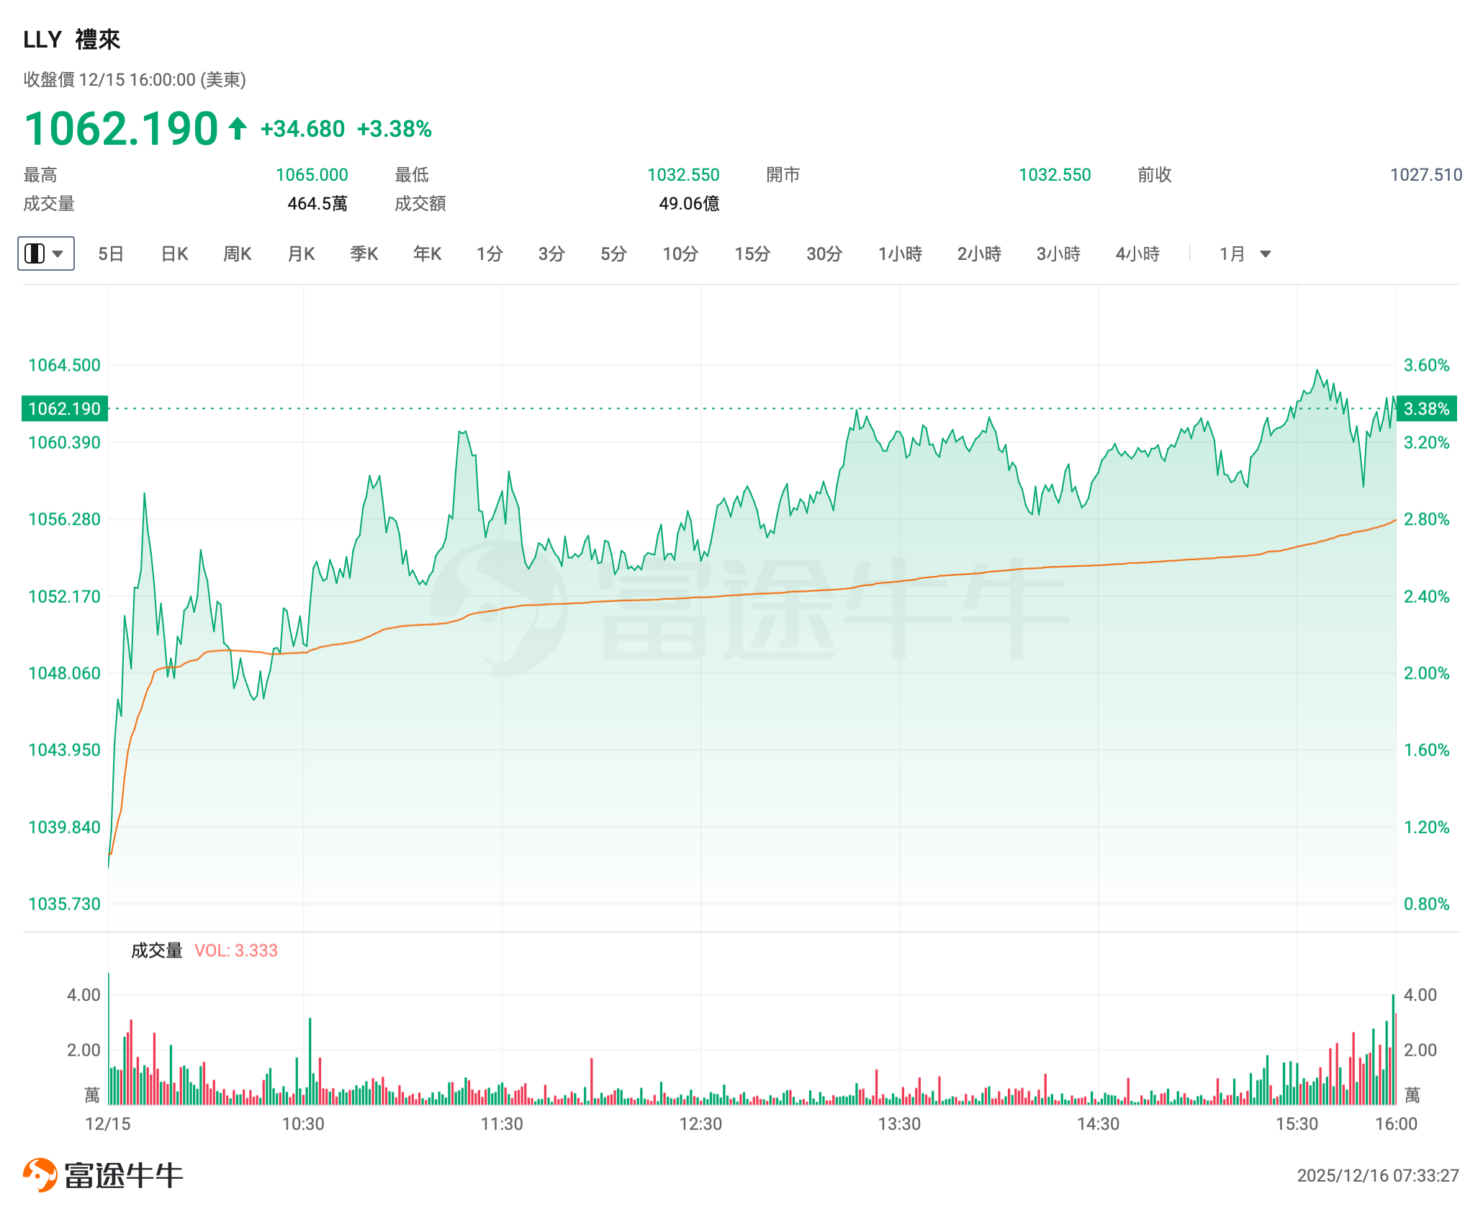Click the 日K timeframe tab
pyautogui.click(x=174, y=253)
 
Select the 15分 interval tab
pyautogui.click(x=752, y=253)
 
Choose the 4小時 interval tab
pyautogui.click(x=1137, y=253)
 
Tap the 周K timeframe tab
pyautogui.click(x=238, y=253)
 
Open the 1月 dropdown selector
pyautogui.click(x=1245, y=253)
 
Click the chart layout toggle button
pyautogui.click(x=45, y=253)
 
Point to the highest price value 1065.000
pyautogui.click(x=312, y=175)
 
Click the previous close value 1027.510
pyautogui.click(x=1425, y=175)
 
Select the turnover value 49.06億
pyautogui.click(x=689, y=204)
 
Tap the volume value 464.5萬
pyautogui.click(x=317, y=204)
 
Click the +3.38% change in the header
pyautogui.click(x=395, y=129)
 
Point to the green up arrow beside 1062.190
pyautogui.click(x=238, y=129)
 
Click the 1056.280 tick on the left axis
pyautogui.click(x=64, y=519)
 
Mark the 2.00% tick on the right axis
pyautogui.click(x=1426, y=673)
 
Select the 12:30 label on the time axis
pyautogui.click(x=700, y=1124)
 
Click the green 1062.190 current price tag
pyautogui.click(x=65, y=409)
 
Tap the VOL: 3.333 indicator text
pyautogui.click(x=236, y=950)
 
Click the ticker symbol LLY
pyautogui.click(x=42, y=40)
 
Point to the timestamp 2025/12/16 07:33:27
pyautogui.click(x=1378, y=1176)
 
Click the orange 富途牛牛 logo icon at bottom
pyautogui.click(x=40, y=1175)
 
